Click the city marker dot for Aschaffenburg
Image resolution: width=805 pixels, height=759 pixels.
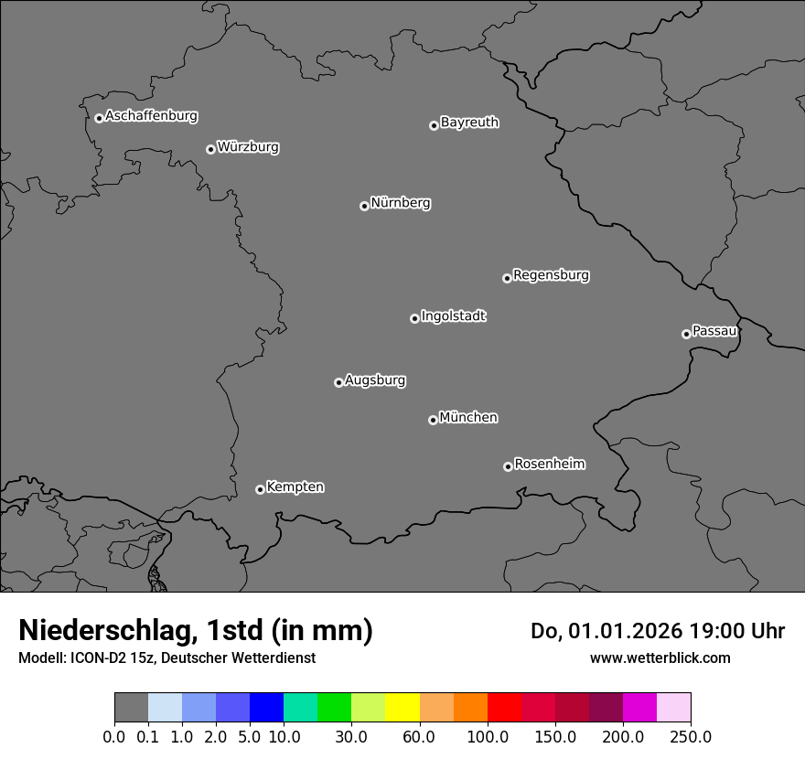point(99,118)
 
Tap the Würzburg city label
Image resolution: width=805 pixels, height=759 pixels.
point(248,147)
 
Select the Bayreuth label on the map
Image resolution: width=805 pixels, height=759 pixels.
point(469,123)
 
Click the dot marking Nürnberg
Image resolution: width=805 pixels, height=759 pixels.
point(364,206)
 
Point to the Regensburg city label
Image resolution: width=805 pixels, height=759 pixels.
point(551,275)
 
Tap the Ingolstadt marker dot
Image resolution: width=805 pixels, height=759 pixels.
point(414,318)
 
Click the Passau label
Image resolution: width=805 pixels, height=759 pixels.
point(714,331)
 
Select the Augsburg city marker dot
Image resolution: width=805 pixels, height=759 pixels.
point(338,382)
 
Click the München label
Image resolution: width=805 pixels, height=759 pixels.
point(468,418)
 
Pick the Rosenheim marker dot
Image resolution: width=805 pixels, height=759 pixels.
point(508,467)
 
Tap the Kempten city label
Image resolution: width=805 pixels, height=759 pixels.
point(295,487)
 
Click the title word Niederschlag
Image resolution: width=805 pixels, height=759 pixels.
point(106,630)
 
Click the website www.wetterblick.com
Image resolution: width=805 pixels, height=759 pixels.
point(660,657)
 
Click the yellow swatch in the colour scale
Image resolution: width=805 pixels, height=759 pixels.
point(402,708)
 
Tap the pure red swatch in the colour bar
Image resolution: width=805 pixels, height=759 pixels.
point(504,708)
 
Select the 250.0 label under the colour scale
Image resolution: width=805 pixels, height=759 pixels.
point(691,736)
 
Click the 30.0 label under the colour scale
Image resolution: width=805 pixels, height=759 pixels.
point(351,736)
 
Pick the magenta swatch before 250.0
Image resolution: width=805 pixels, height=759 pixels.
point(639,708)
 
